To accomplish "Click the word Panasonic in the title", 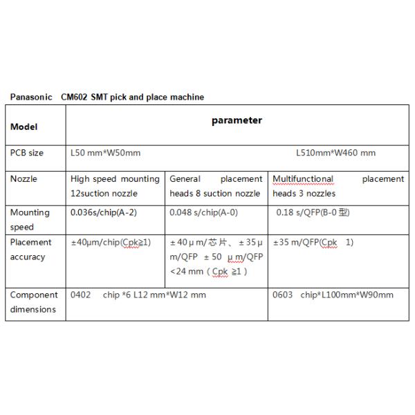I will [x=30, y=98].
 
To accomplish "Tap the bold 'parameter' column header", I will [x=236, y=120].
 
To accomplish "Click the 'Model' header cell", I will [x=24, y=127].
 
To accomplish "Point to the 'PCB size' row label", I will [x=27, y=153].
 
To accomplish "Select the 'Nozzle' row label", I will [x=24, y=179].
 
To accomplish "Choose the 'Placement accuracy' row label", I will [x=31, y=250].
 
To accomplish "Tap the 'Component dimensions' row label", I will [x=33, y=302].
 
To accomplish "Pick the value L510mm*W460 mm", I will [x=335, y=153].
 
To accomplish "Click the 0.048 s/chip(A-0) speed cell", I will [x=205, y=212].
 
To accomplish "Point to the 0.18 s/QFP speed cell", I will [x=313, y=212].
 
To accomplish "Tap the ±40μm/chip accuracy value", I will [x=111, y=243].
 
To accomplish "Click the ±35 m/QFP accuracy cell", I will [x=313, y=243].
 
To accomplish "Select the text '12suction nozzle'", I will [x=104, y=194].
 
